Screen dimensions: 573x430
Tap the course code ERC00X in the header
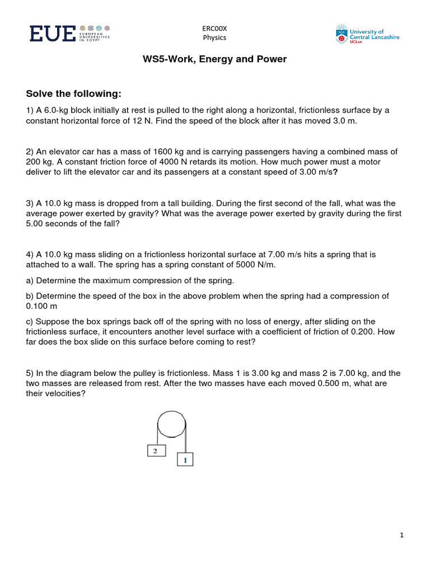pyautogui.click(x=214, y=29)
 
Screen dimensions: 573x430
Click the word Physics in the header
pyautogui.click(x=214, y=38)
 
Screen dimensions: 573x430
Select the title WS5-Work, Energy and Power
pyautogui.click(x=215, y=59)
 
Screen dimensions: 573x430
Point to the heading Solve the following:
pyautogui.click(x=74, y=93)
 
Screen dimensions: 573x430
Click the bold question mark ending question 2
pyautogui.click(x=335, y=172)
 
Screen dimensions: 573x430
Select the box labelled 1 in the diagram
pyautogui.click(x=185, y=459)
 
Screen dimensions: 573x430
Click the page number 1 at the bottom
pyautogui.click(x=402, y=536)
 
